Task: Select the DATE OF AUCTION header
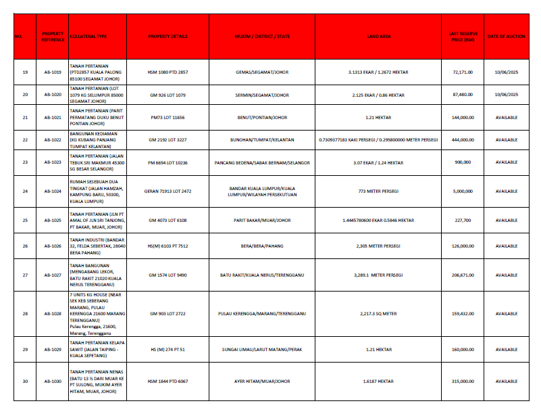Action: click(x=506, y=37)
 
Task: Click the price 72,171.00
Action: click(x=463, y=72)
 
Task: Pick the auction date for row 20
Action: click(x=506, y=95)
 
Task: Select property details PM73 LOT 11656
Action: click(x=168, y=117)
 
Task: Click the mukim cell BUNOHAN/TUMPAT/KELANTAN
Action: click(x=261, y=139)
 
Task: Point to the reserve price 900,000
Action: click(x=463, y=162)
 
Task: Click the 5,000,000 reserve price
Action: click(x=463, y=191)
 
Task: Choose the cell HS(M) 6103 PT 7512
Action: click(x=168, y=246)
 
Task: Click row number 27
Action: click(x=25, y=275)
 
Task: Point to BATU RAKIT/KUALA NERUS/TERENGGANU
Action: click(x=261, y=275)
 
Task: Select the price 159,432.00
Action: click(x=463, y=314)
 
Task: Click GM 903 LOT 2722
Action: click(x=168, y=314)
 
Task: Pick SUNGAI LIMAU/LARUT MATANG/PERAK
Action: click(x=261, y=349)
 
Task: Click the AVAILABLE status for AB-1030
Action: click(x=506, y=382)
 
